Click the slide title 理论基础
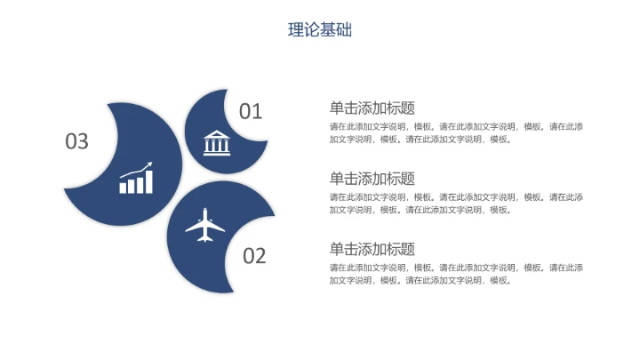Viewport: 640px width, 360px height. (320, 29)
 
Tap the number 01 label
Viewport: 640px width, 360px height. (251, 111)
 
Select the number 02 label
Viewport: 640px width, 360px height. (254, 256)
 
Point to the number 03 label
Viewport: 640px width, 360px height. (77, 141)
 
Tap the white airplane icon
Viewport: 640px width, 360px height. (206, 225)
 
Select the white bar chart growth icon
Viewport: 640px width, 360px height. (136, 178)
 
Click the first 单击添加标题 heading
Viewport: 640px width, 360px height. (372, 108)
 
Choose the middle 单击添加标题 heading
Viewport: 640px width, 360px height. (372, 179)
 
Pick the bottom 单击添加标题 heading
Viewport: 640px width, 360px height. (372, 249)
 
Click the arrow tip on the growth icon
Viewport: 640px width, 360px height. (150, 164)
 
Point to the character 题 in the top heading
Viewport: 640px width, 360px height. (408, 108)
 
